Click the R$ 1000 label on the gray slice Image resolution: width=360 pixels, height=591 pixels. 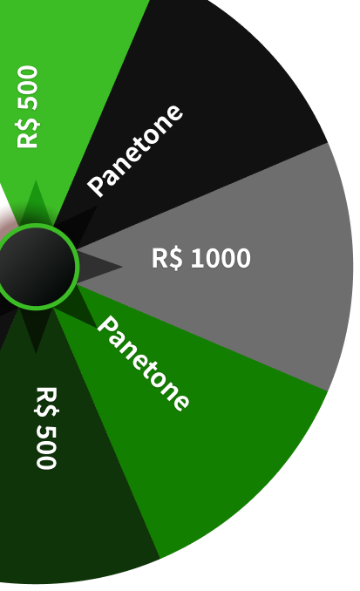click(x=201, y=258)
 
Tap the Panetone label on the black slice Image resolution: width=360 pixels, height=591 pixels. click(x=135, y=151)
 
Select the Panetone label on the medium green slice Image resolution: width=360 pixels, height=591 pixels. click(x=143, y=363)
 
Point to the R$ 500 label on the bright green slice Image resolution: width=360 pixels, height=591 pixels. click(x=28, y=107)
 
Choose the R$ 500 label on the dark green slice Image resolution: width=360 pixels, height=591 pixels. click(x=46, y=428)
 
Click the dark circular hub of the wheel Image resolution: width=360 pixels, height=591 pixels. click(x=37, y=267)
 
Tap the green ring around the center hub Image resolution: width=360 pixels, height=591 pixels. click(x=77, y=267)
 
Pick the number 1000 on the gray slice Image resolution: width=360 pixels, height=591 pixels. click(x=221, y=258)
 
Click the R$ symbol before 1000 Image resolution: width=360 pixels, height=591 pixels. click(x=167, y=259)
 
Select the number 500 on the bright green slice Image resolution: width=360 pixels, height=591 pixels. click(x=28, y=88)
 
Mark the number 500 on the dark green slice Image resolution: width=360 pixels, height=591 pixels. click(x=46, y=447)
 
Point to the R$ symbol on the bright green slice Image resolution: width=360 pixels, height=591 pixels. click(x=28, y=133)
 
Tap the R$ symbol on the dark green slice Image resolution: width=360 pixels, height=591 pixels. click(x=46, y=402)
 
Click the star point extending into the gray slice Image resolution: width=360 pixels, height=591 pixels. click(x=121, y=267)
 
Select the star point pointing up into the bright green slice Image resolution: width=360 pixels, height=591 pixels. click(x=36, y=181)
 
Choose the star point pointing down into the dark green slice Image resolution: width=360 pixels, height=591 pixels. click(x=36, y=352)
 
